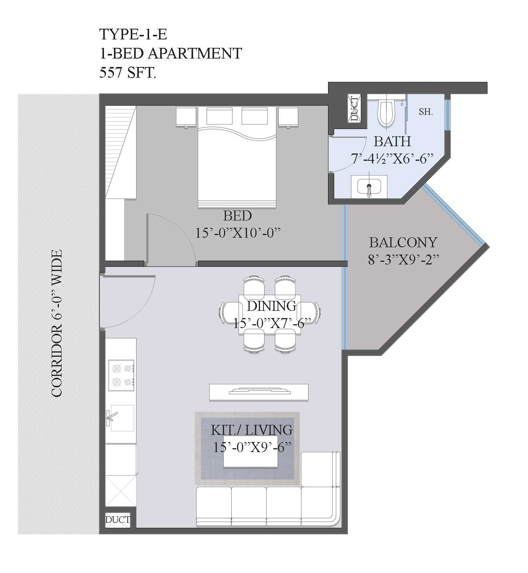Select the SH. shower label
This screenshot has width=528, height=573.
pos(426,112)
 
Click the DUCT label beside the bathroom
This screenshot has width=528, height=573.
pos(354,108)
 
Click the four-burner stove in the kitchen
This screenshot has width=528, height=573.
pos(121,375)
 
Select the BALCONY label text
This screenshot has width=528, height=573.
pos(403,242)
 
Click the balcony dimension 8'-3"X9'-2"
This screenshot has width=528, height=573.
pos(403,260)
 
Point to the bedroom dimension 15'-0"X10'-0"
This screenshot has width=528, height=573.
pos(238,233)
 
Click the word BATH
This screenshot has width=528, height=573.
pos(392,141)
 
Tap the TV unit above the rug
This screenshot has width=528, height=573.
pos(258,392)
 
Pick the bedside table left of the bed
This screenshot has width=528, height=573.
pos(186,116)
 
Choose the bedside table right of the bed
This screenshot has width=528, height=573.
pos(288,116)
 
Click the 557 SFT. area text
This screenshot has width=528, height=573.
pos(128,72)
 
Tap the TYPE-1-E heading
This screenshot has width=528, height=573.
pos(133,34)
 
